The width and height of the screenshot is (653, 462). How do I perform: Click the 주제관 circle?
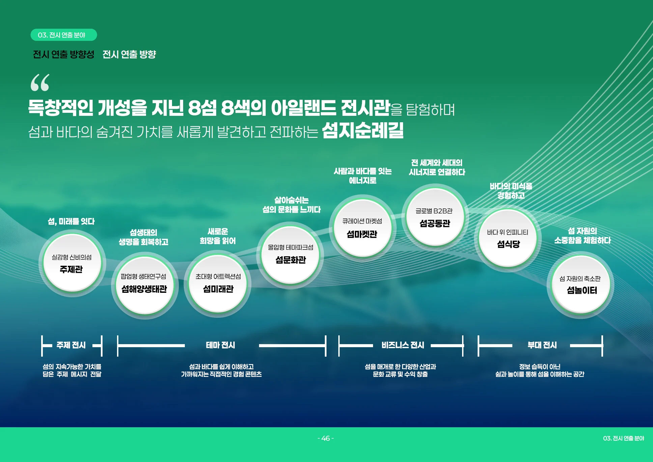coord(72,263)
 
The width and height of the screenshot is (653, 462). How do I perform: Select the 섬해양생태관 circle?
coord(144,285)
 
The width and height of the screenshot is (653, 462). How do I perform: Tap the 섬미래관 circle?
coord(218,284)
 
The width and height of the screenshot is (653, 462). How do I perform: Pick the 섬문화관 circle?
coord(290,255)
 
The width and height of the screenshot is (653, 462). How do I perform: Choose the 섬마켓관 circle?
coord(362,228)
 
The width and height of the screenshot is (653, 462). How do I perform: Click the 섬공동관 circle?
coord(435,217)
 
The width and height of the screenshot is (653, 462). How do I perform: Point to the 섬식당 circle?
coord(508,238)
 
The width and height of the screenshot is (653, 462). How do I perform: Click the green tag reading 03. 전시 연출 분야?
coord(63,35)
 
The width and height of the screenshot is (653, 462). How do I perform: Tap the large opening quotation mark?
coord(40,83)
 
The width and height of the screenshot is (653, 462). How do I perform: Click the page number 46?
coord(325,438)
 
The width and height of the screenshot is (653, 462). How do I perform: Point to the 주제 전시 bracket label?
coord(71,345)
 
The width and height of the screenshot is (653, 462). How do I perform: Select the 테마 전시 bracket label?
coord(221,345)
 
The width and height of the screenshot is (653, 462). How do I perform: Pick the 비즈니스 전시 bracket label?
coord(403,345)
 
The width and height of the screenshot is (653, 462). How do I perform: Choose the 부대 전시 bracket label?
coord(542,345)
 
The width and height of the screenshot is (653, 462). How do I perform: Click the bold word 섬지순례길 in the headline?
coord(363,130)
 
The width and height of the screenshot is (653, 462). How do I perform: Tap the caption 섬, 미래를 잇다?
coord(71,222)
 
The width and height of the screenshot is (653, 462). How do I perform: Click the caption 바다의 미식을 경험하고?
coord(511,191)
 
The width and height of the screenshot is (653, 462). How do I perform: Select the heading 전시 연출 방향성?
coord(63,54)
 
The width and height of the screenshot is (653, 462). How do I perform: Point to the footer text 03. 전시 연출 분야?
coord(623,438)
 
